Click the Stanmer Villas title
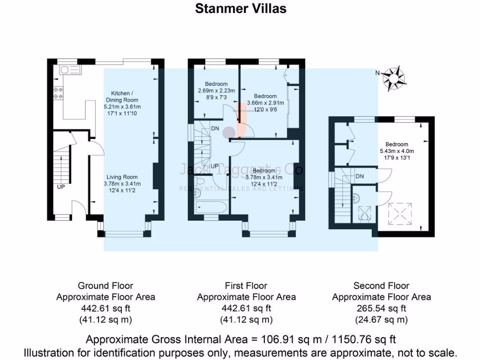(x=240, y=9)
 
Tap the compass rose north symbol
(x=393, y=78)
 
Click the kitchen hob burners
(x=58, y=93)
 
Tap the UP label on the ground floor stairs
(x=60, y=187)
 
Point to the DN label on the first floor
(x=215, y=128)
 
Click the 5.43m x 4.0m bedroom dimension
(x=397, y=151)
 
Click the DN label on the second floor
(x=360, y=176)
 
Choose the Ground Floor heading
(x=105, y=285)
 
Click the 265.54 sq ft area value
(x=381, y=308)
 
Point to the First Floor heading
(x=246, y=285)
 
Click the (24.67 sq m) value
(x=381, y=320)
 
